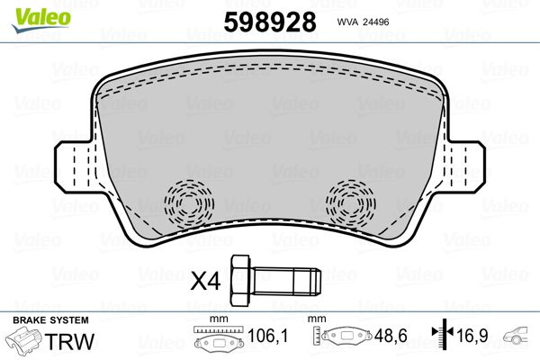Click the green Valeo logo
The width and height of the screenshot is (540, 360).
(x=41, y=20)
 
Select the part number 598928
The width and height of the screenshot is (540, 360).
(x=270, y=22)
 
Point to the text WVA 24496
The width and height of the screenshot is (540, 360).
(x=363, y=22)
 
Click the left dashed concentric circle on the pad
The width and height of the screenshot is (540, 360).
(x=189, y=203)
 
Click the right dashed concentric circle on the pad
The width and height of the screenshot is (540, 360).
(x=351, y=203)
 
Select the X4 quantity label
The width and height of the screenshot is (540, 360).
(x=205, y=281)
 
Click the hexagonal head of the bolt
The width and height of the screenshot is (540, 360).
(x=241, y=281)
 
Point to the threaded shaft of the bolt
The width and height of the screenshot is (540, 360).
(x=287, y=281)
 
